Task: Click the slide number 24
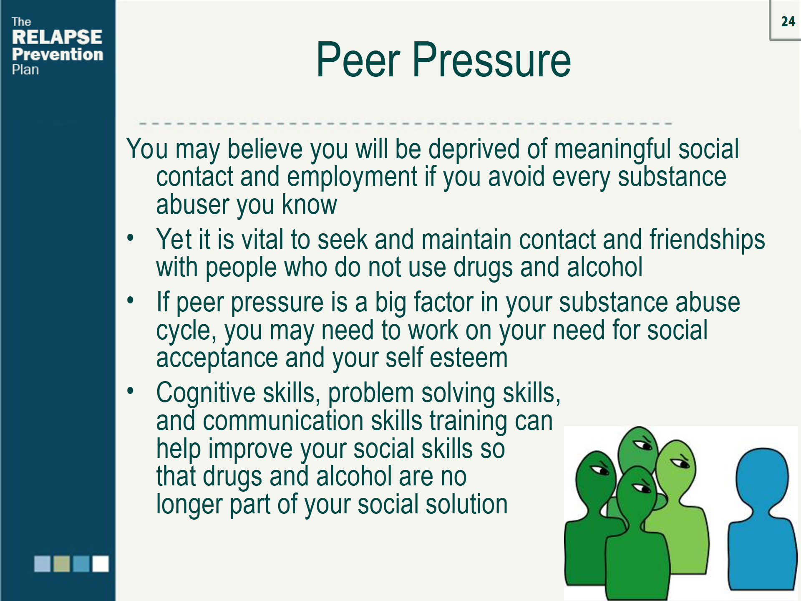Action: click(x=788, y=22)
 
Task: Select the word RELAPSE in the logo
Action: click(x=57, y=37)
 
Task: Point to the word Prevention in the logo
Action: click(x=58, y=54)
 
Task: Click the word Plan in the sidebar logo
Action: click(x=25, y=70)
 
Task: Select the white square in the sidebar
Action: click(x=101, y=563)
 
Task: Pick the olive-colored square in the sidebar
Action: click(x=62, y=563)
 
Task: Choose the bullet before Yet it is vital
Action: click(x=131, y=238)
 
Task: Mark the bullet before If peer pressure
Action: click(x=131, y=300)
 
